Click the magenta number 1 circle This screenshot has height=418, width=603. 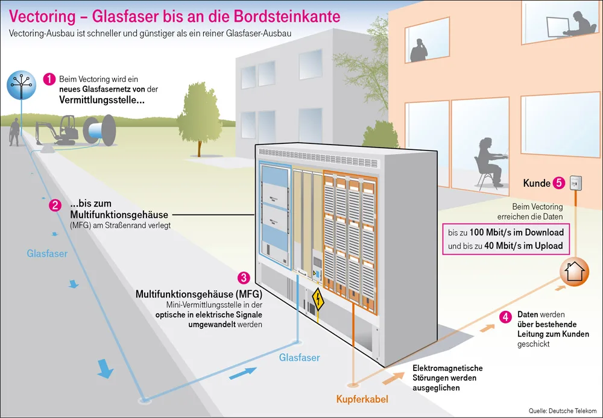(x=49, y=80)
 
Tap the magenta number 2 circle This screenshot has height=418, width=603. (x=55, y=205)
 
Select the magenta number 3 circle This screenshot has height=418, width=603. (x=244, y=278)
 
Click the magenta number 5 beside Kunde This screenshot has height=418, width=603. (x=559, y=182)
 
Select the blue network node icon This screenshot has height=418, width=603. (x=19, y=85)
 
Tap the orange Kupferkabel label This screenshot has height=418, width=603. (x=362, y=399)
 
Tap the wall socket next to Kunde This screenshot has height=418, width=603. (x=577, y=182)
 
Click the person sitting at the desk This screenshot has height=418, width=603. (x=488, y=160)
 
